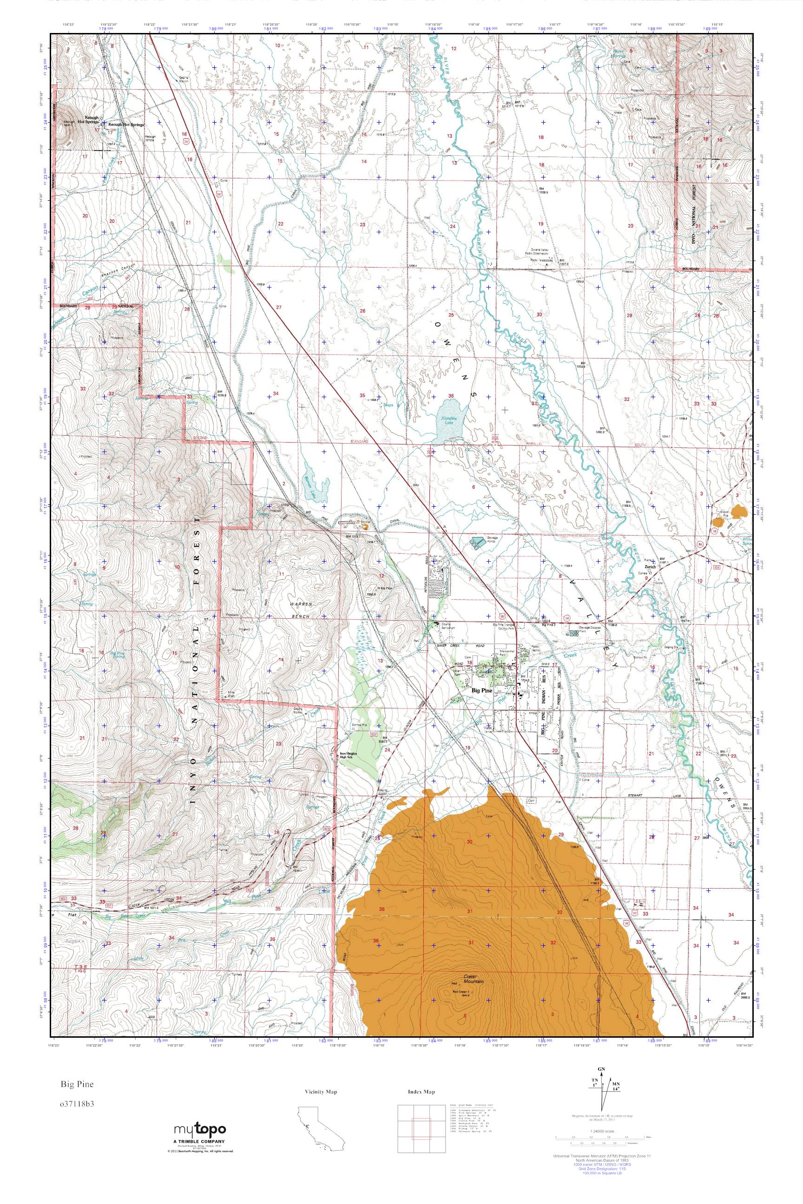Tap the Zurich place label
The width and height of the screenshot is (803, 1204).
point(651,567)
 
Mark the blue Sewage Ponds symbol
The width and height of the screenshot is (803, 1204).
point(478,541)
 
